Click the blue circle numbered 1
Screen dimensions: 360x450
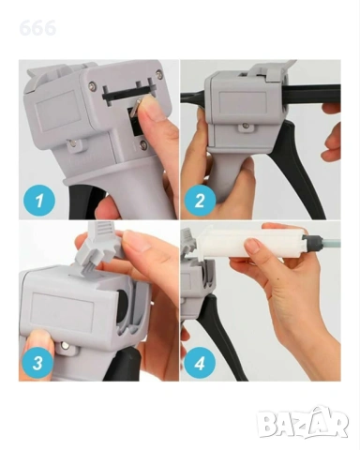(x=39, y=200)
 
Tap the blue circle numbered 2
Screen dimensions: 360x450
(x=200, y=200)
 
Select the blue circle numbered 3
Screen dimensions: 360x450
(x=37, y=363)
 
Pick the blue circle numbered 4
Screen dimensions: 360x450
(x=200, y=363)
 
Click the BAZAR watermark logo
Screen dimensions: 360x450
(x=302, y=423)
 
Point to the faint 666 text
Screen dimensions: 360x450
(x=37, y=28)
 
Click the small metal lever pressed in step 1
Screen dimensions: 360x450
(x=135, y=107)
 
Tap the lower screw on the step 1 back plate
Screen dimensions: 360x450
(x=143, y=143)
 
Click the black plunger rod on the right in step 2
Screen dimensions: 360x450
(x=312, y=93)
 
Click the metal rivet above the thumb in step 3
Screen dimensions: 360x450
(x=66, y=345)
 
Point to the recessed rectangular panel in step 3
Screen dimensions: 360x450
(x=63, y=308)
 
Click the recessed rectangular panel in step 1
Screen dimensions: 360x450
(x=55, y=106)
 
